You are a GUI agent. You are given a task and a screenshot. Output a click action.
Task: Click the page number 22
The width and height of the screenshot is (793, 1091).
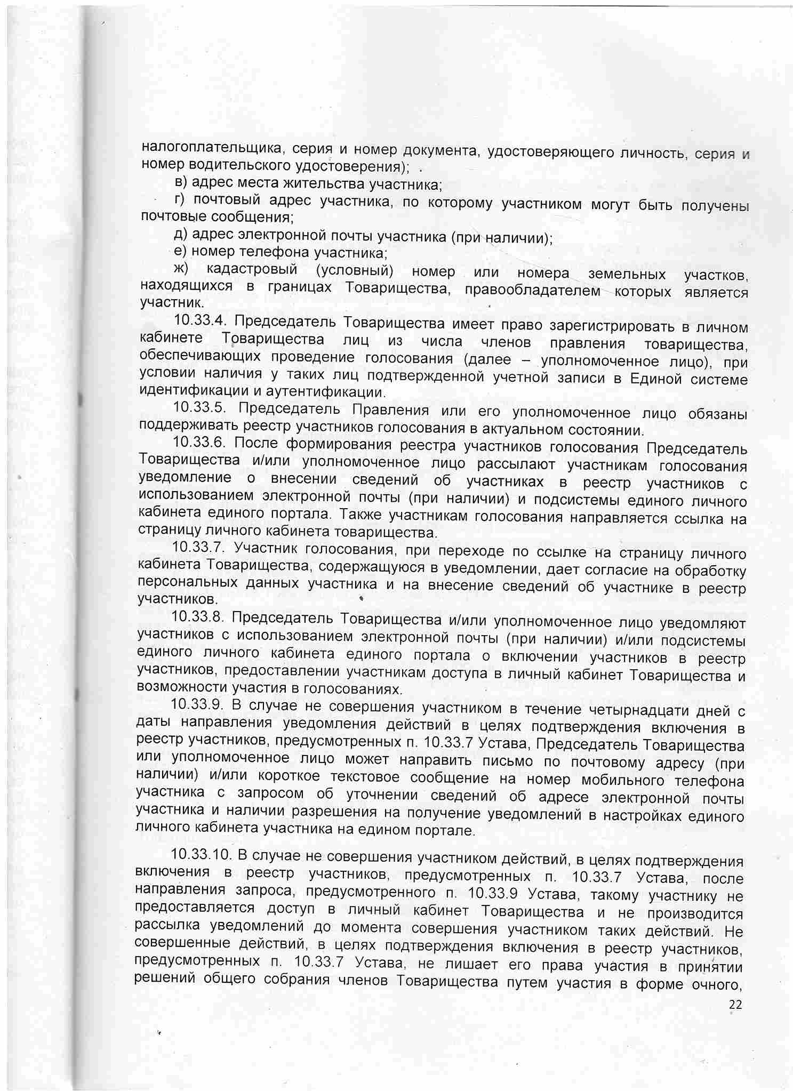[735, 1004]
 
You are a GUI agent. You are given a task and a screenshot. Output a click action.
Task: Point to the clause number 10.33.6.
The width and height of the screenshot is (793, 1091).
[199, 443]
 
